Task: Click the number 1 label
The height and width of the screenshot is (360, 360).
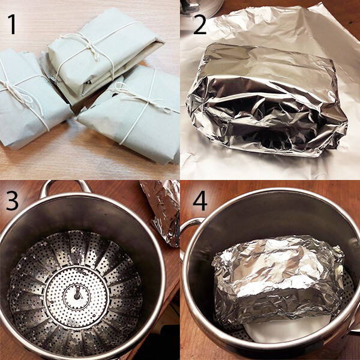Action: tap(12, 25)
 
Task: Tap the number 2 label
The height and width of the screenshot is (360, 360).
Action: tap(200, 25)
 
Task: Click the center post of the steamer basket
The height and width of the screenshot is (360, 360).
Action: tap(77, 295)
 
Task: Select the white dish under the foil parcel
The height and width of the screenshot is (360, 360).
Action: tap(287, 328)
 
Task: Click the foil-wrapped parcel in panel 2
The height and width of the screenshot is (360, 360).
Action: tap(266, 101)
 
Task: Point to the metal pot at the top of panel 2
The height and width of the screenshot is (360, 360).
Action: tap(202, 8)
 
